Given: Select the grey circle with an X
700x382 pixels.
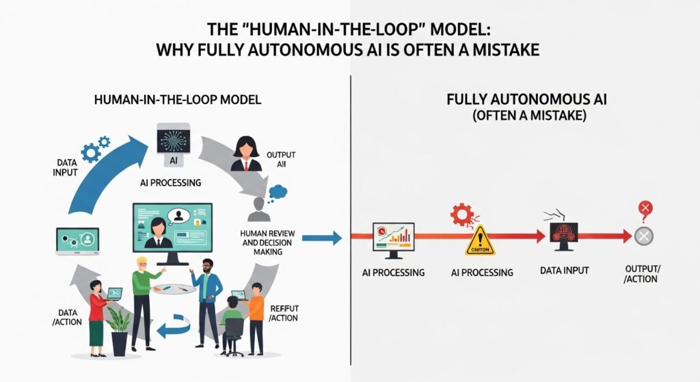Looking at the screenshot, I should point(643,236).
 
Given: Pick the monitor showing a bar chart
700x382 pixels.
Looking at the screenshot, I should point(393,239).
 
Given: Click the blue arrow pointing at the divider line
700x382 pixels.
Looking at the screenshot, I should point(321,238).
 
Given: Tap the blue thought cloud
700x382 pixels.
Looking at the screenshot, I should point(278,192).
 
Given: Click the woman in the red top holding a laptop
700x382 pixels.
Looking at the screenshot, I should point(96,314).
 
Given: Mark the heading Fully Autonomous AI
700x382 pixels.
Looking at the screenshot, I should point(526,100).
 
